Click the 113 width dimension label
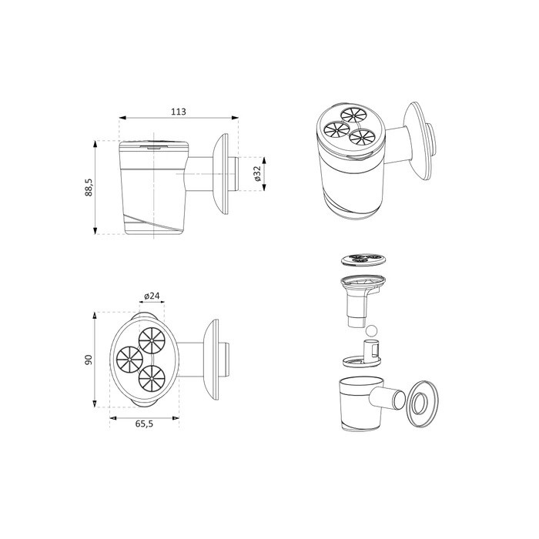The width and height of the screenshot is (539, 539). [x=179, y=112]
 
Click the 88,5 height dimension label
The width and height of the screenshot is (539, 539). [x=89, y=187]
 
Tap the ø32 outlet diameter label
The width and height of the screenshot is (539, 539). [x=257, y=173]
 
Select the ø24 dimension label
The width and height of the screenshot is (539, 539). [x=152, y=296]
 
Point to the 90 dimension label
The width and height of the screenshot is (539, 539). [x=89, y=360]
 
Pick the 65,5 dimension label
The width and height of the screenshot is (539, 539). [x=144, y=423]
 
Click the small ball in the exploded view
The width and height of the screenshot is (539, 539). [x=371, y=331]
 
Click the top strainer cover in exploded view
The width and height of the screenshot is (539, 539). [x=363, y=259]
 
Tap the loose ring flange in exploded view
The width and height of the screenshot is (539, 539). [x=423, y=404]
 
